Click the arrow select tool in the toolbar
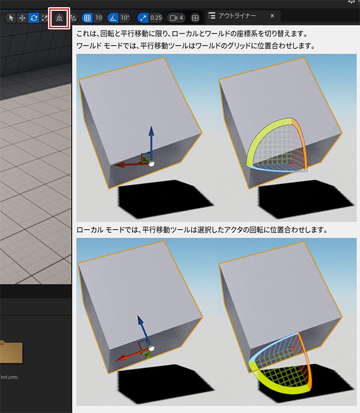tap(11, 18)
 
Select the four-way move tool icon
tap(22, 18)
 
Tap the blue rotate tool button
tap(34, 18)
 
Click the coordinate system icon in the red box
tap(59, 18)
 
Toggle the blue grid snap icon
tap(87, 18)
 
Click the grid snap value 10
tap(98, 18)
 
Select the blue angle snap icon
tap(113, 18)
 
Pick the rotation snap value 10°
tap(124, 18)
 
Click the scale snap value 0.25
tap(156, 18)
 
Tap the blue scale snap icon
tap(143, 18)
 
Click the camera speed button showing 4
tap(176, 18)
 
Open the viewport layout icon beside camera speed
tap(195, 18)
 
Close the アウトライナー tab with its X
tap(272, 16)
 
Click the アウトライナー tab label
tap(237, 16)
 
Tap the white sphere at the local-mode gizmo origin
tap(151, 349)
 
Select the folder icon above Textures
tap(11, 352)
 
